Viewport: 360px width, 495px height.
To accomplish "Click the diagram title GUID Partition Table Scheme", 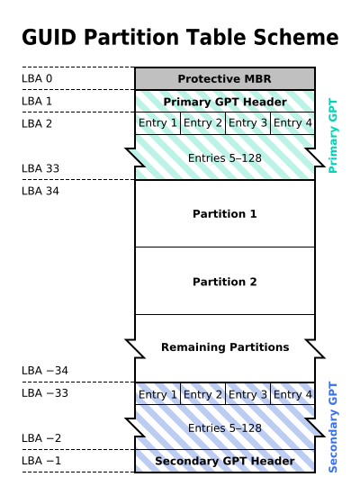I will coord(180,38).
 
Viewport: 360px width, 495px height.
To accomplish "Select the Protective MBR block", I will coord(224,79).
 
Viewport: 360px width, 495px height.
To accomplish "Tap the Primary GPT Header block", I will coord(224,102).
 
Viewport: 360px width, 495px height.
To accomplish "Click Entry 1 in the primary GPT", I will coord(157,123).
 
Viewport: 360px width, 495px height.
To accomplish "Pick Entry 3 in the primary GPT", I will coord(247,123).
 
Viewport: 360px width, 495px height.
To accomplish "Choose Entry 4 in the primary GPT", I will coord(292,123).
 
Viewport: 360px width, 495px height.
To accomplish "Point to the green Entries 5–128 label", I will coord(224,158).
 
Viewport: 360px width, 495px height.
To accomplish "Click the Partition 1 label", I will coord(224,214).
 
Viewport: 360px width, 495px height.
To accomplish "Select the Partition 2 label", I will coord(224,282).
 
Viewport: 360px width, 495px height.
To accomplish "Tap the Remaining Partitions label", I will coord(224,347).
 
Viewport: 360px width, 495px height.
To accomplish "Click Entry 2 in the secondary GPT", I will coord(202,394).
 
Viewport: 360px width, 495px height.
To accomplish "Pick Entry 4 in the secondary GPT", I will coord(292,394).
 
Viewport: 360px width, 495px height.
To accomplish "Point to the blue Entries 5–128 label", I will coord(224,428).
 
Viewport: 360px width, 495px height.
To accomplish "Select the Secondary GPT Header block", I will coord(224,462).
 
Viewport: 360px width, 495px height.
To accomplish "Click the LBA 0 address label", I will coord(37,79).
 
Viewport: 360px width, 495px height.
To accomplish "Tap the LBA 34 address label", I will coord(40,191).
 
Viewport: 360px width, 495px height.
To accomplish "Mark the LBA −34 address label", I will coord(44,371).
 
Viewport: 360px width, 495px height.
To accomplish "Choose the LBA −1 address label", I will coord(41,461).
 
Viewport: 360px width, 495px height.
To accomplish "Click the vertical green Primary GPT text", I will coord(332,135).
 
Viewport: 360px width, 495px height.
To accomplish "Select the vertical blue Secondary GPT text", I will coord(332,427).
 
